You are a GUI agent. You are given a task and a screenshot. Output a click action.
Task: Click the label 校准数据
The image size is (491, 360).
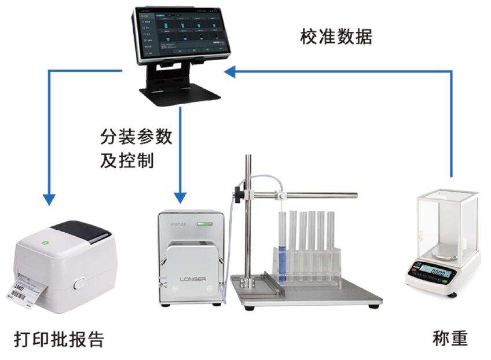(x=336, y=37)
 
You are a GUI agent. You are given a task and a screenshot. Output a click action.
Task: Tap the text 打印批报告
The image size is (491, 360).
(x=59, y=339)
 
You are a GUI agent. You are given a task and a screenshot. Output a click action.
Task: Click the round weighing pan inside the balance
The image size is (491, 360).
(x=445, y=249)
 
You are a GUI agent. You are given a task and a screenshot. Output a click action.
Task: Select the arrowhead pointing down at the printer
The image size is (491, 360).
(x=49, y=198)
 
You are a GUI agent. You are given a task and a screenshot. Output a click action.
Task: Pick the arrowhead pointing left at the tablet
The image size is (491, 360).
(x=230, y=71)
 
